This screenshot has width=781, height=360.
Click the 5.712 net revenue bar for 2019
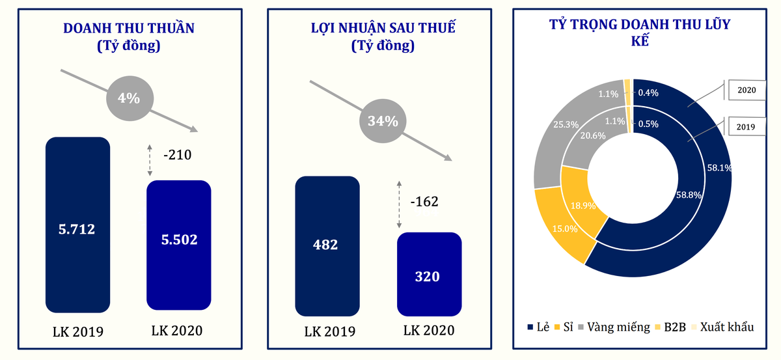(x=77, y=225)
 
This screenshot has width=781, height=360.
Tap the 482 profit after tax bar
(x=327, y=246)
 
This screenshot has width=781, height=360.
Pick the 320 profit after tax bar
(x=429, y=274)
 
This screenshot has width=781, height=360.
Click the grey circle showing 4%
(x=129, y=98)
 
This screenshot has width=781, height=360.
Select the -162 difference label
(x=424, y=201)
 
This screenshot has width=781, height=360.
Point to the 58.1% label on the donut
(x=720, y=167)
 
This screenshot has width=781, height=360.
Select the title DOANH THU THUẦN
(x=129, y=28)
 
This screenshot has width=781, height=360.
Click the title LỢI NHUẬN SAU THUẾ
(x=383, y=28)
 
